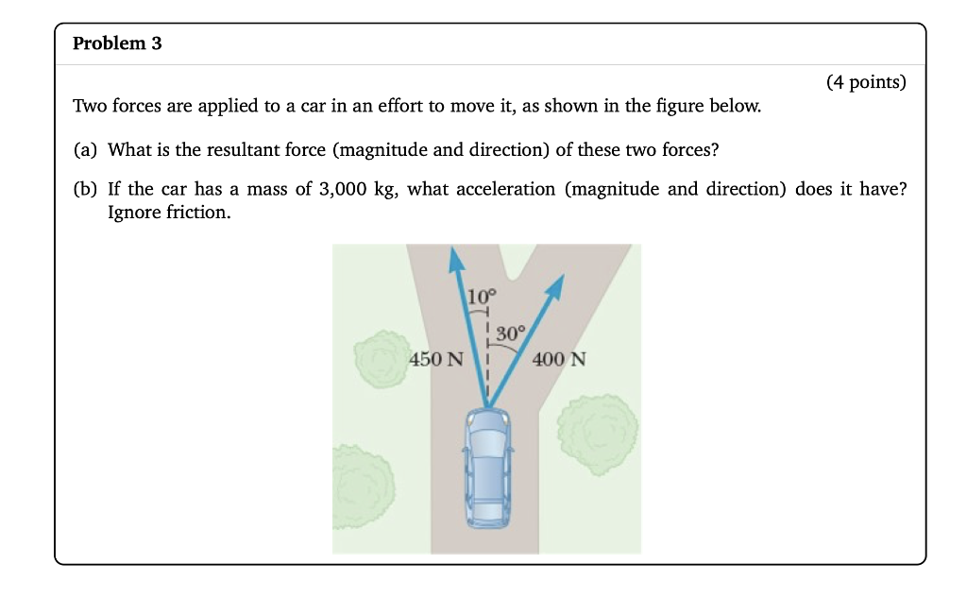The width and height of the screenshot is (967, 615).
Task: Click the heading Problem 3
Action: coord(117,43)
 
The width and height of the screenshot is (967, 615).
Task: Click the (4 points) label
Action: coord(865,82)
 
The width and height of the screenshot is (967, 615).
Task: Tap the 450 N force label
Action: coord(436,359)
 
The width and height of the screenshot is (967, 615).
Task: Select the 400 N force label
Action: coord(559,359)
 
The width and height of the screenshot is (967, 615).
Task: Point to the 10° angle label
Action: coord(482,296)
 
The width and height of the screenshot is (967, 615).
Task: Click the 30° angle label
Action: coord(509,333)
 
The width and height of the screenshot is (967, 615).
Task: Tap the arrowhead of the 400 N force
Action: coord(556,288)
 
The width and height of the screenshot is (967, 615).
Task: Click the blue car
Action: coord(487,468)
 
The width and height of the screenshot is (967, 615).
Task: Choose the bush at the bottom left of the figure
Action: coord(362,485)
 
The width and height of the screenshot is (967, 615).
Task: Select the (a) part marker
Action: coord(85,149)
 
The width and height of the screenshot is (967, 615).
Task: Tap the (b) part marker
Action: coord(85,189)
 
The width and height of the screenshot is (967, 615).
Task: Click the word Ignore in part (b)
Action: coord(133,213)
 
